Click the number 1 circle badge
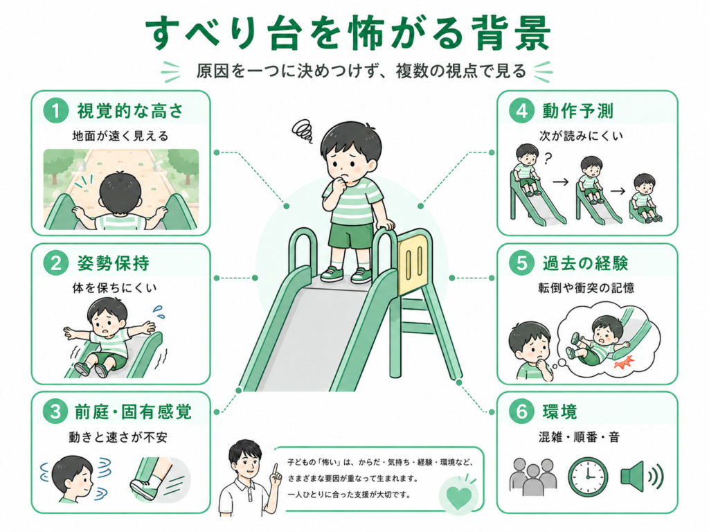(56, 111)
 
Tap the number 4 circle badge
(522, 111)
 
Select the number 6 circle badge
(522, 411)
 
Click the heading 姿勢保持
(114, 263)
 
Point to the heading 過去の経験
(585, 263)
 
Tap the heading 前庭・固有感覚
(134, 411)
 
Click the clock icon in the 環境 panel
(588, 477)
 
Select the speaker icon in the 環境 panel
(641, 477)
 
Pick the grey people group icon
(534, 477)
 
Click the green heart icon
(459, 496)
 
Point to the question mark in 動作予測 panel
(548, 159)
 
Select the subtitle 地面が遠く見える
(120, 136)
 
